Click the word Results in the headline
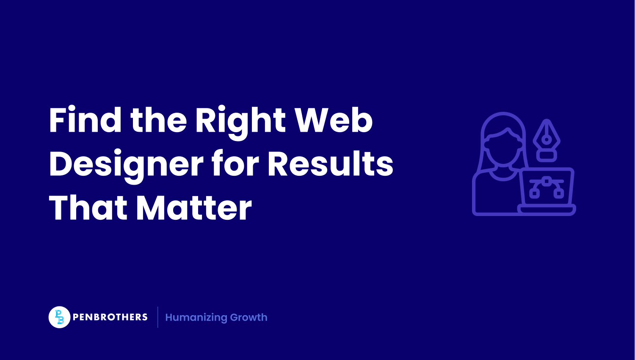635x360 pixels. click(330, 164)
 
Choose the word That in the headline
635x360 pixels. click(88, 208)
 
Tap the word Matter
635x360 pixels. click(194, 208)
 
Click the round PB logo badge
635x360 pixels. click(59, 317)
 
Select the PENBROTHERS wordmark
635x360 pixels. click(110, 317)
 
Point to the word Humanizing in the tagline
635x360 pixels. click(196, 318)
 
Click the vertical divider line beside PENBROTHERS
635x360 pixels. click(158, 317)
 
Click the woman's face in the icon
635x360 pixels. click(502, 146)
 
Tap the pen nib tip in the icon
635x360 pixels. click(547, 123)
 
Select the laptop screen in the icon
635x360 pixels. click(547, 187)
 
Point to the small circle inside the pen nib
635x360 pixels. click(547, 139)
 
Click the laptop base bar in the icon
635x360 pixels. click(547, 209)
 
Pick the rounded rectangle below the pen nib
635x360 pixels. click(547, 155)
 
